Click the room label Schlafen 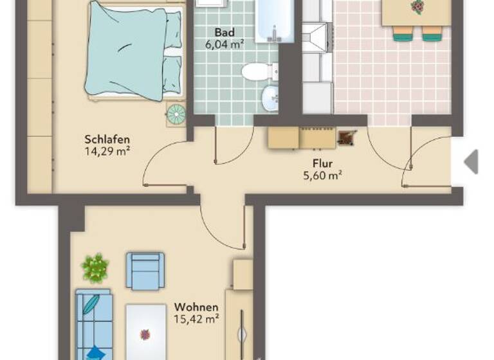coord(107,139)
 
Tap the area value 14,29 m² coord(107,152)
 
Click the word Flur coord(322,163)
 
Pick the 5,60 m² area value coord(322,175)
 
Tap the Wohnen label coord(196,307)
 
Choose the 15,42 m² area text coord(196,319)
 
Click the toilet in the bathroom coord(257,71)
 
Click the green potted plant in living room coord(95,267)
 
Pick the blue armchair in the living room coord(145,271)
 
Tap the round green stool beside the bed coord(176,114)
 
